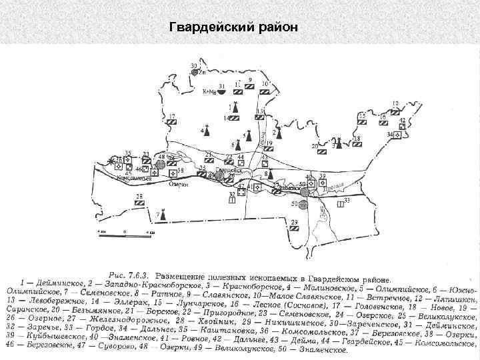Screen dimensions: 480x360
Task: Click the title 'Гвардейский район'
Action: pos(235,27)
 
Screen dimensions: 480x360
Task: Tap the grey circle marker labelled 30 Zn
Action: pos(195,72)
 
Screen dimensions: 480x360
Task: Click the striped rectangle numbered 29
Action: pos(294,226)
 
